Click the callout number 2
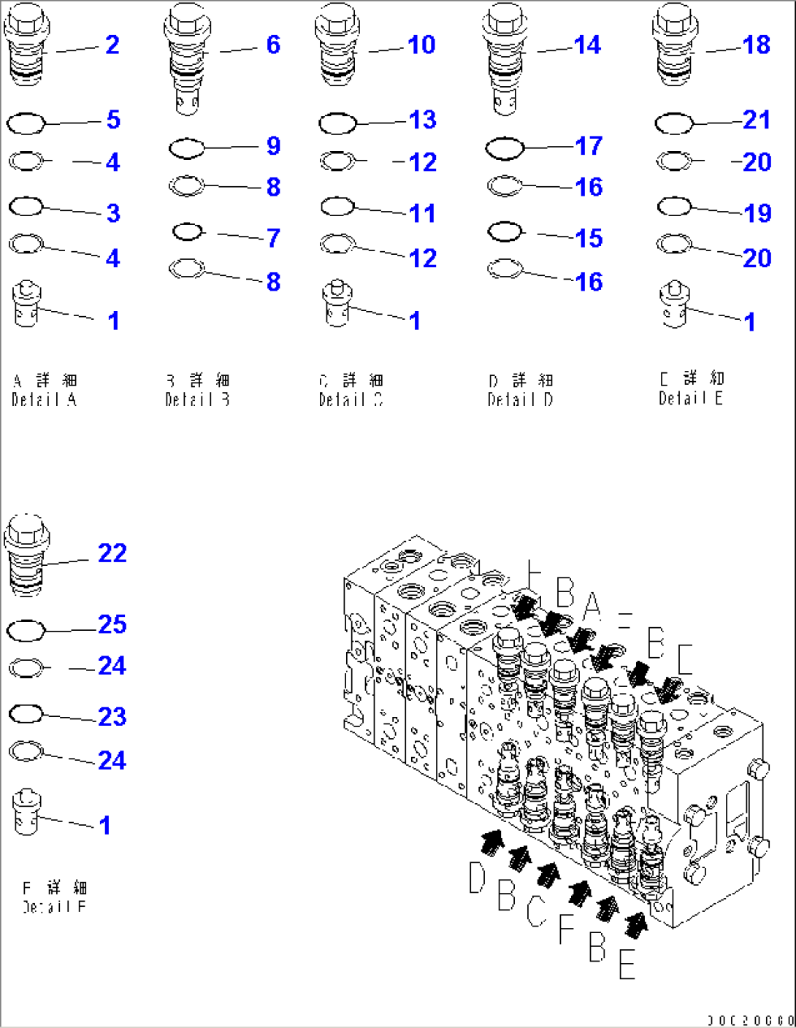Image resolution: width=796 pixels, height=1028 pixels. (x=112, y=45)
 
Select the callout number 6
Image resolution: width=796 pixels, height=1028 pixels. (x=272, y=45)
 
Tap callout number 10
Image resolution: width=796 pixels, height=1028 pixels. (x=421, y=45)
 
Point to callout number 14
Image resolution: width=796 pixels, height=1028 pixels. (x=587, y=45)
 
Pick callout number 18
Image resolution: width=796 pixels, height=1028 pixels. (x=756, y=45)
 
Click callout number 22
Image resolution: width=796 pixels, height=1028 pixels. (x=112, y=553)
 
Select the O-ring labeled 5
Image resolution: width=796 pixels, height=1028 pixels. (x=26, y=123)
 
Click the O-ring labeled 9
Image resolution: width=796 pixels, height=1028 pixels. (x=187, y=149)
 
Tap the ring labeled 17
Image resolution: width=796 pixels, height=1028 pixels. (x=505, y=149)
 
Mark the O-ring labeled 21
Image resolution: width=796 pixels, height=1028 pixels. (x=674, y=123)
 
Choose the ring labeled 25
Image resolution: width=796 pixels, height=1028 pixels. (x=26, y=630)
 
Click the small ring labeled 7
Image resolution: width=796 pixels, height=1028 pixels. (x=188, y=232)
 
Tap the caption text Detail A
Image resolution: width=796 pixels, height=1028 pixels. (x=44, y=399)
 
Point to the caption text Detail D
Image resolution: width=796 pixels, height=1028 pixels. (x=520, y=399)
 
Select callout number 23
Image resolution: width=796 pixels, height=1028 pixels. (x=112, y=716)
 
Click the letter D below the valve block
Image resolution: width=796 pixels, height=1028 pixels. (x=477, y=877)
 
